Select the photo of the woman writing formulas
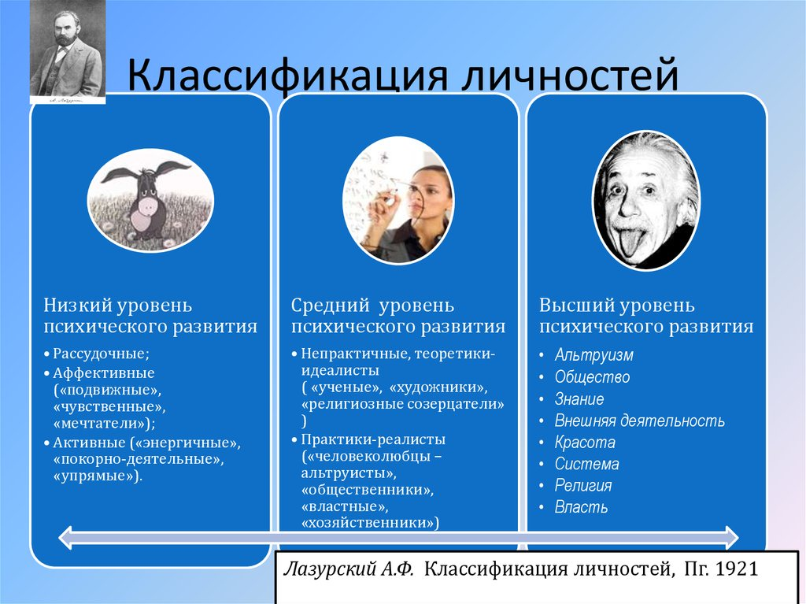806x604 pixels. coord(398,200)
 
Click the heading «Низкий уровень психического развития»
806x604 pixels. coord(150,315)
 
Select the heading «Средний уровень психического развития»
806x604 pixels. coord(398,315)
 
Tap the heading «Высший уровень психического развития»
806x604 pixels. coord(646,315)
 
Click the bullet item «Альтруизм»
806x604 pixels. coord(593,355)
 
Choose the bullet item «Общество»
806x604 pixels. coord(592,377)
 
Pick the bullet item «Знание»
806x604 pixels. coord(579,399)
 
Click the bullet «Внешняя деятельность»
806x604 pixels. coord(639,421)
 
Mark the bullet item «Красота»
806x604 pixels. coord(585,443)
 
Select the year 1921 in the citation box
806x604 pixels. coord(736,569)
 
